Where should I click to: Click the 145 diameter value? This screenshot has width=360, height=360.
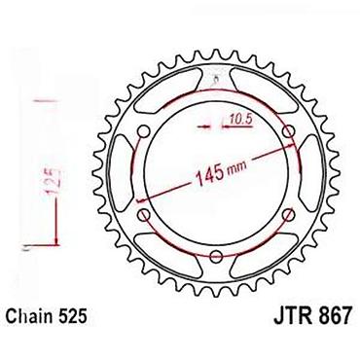tap(209, 177)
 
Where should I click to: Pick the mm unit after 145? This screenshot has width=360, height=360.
tap(236, 166)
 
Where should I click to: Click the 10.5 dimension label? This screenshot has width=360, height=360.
tap(240, 120)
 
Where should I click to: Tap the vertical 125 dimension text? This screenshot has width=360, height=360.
tap(54, 182)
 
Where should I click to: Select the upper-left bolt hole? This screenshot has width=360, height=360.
tap(143, 131)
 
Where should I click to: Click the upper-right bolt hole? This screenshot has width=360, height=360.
tap(288, 131)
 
